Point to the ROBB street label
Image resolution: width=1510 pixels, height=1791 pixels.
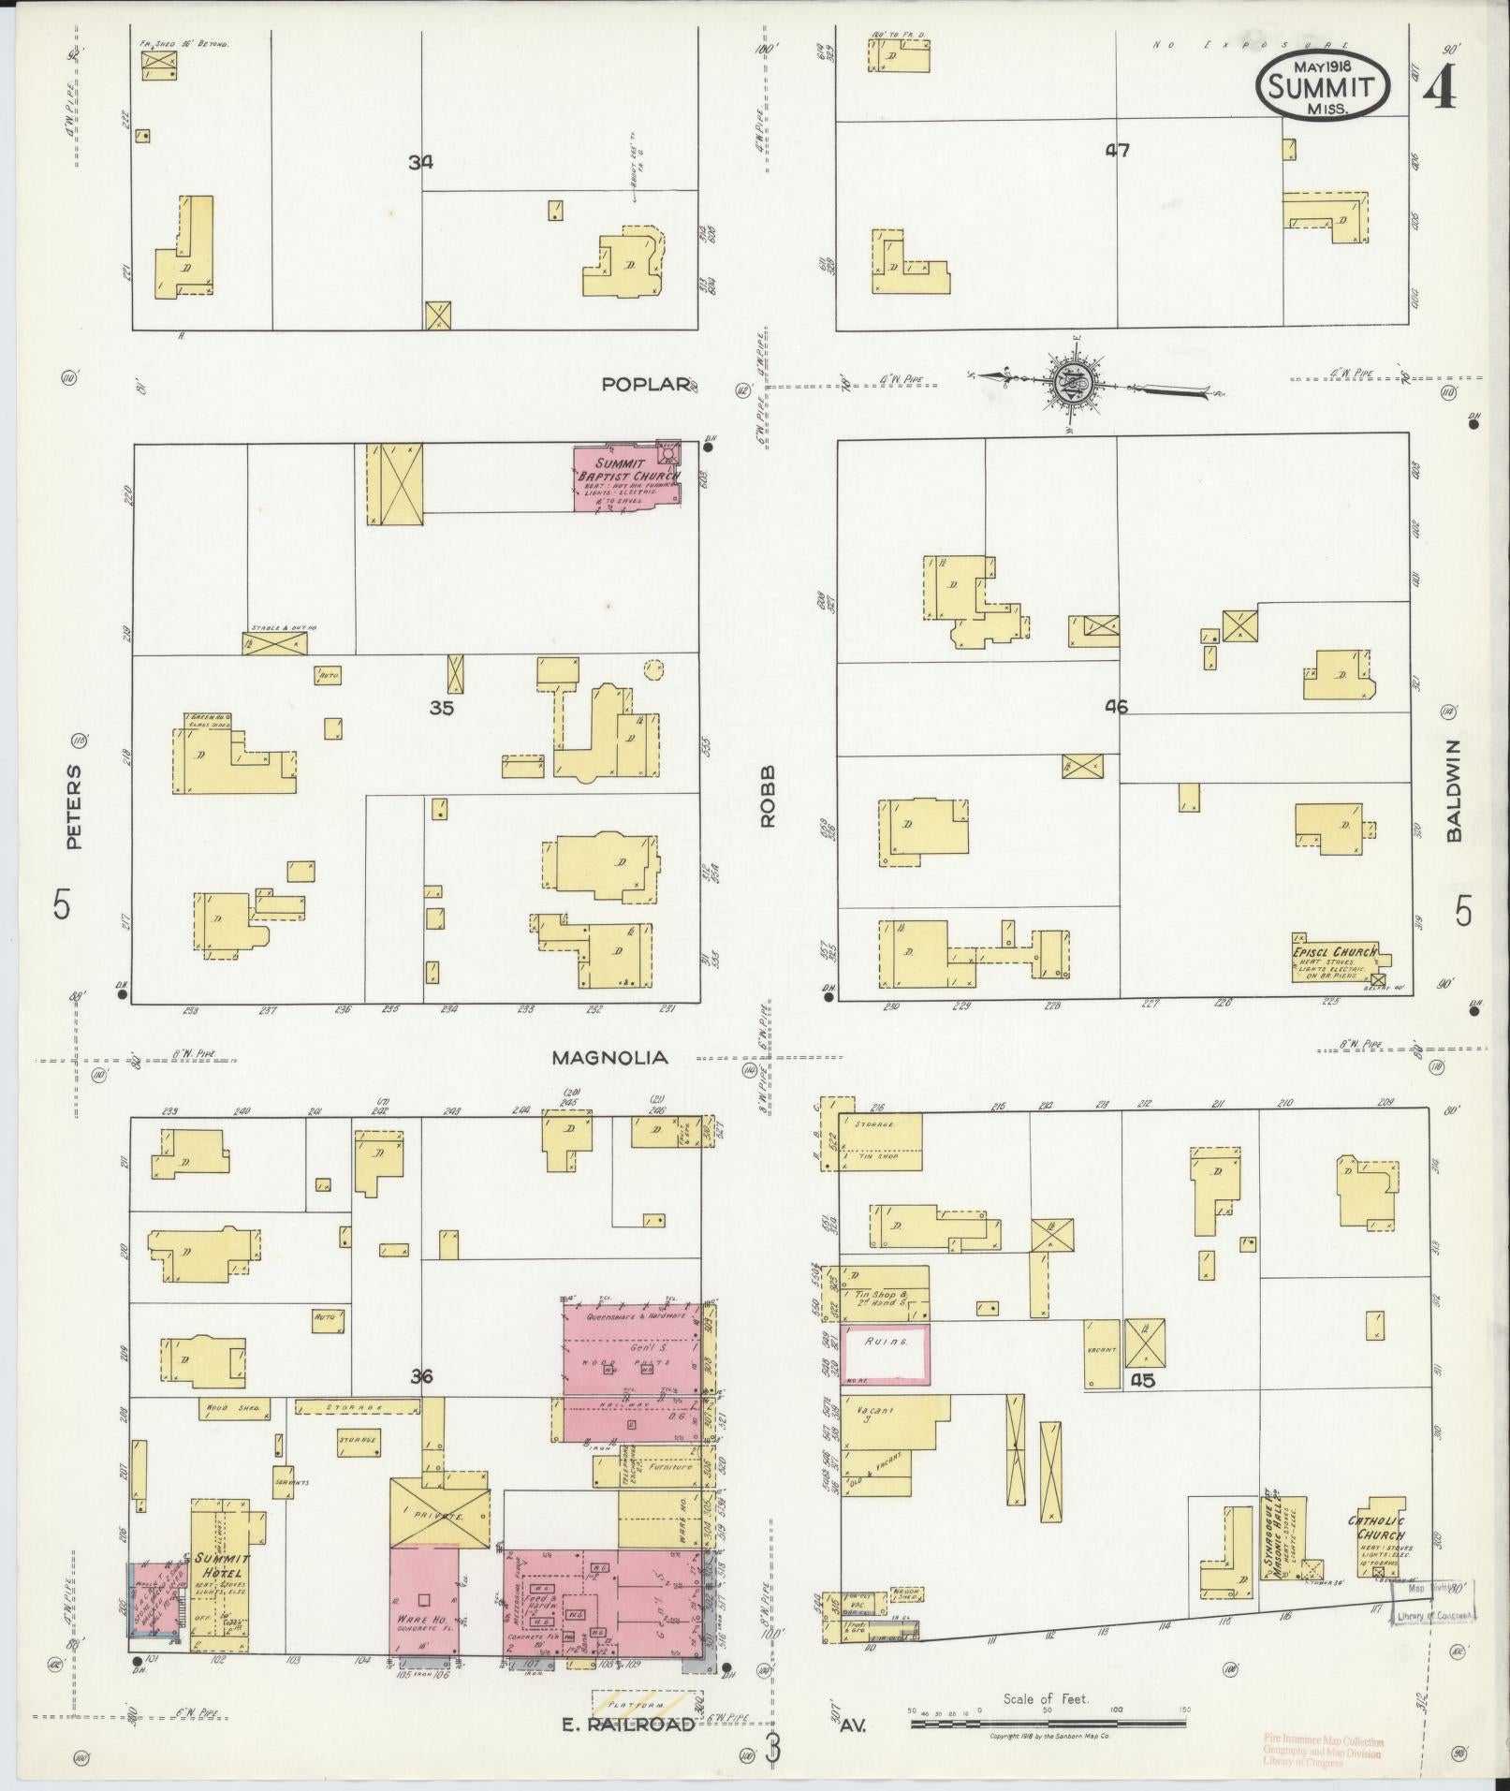[x=769, y=806]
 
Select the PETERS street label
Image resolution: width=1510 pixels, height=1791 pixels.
[x=74, y=806]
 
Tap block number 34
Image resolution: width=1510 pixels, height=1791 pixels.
[x=420, y=162]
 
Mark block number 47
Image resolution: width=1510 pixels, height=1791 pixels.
[x=1117, y=150]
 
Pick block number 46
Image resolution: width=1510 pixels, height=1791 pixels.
[x=1116, y=707]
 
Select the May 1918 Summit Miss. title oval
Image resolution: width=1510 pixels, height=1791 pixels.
[x=1322, y=84]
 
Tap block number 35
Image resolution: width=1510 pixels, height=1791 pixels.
[x=441, y=708]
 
